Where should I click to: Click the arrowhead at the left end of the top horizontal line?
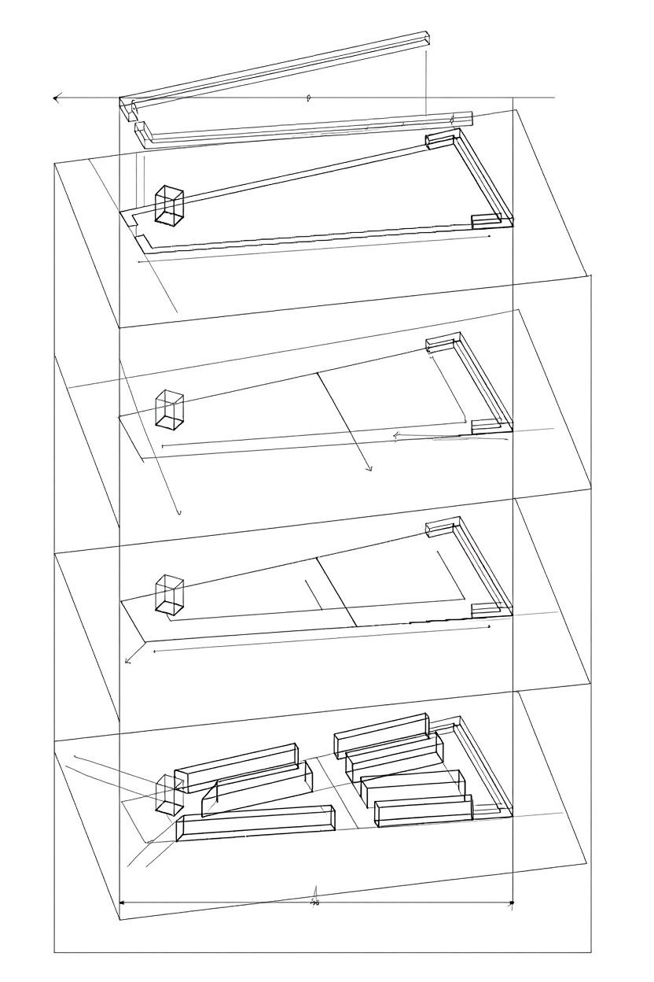point(57,98)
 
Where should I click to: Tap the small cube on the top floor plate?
point(169,205)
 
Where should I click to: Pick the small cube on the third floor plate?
point(169,594)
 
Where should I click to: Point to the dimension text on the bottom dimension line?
point(315,903)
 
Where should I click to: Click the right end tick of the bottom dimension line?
point(512,903)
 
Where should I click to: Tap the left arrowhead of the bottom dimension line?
point(122,903)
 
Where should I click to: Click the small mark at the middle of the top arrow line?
point(309,98)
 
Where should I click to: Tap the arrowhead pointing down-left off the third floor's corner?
point(127,660)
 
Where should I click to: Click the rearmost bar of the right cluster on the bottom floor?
point(382,733)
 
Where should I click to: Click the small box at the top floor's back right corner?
point(440,140)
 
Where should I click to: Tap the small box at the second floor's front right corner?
point(485,426)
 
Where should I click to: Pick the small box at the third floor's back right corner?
point(440,529)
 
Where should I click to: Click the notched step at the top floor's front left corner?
point(141,230)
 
